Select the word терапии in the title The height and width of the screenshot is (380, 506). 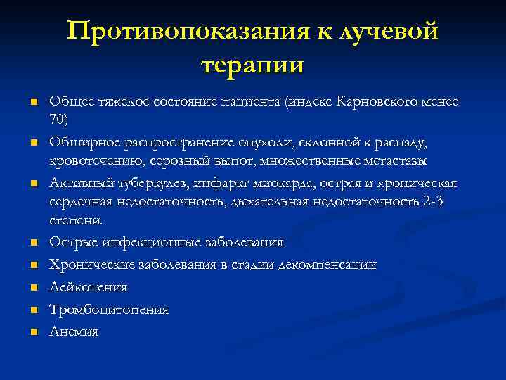coord(252,65)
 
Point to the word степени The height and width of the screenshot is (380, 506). coord(76,220)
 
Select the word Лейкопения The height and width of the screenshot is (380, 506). coord(78,287)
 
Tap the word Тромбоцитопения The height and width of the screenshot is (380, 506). coord(109,309)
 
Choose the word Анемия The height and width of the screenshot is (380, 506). coord(74,331)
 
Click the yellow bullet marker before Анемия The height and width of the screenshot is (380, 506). coord(32,331)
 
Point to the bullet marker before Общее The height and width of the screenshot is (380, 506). coord(32,103)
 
